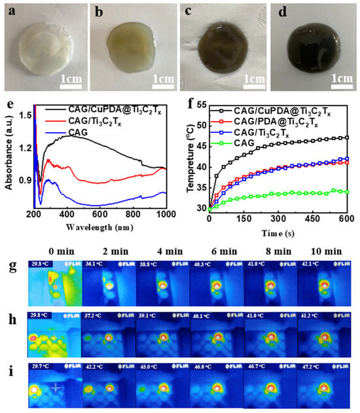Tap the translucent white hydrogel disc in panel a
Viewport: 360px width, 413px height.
(x=44, y=51)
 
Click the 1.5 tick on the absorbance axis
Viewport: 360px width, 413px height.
(x=24, y=115)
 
